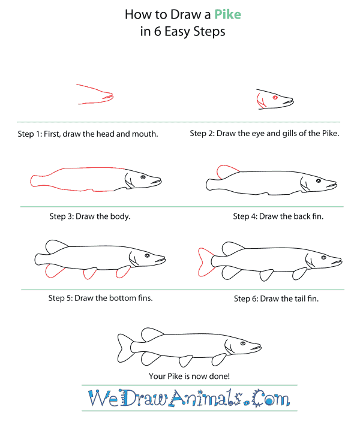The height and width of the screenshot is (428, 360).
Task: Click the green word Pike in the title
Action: [x=227, y=14]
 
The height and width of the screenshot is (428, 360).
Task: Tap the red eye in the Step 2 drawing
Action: [x=275, y=98]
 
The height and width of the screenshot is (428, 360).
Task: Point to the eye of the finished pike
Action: [x=242, y=343]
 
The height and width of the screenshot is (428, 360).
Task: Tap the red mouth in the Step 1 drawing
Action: [x=108, y=97]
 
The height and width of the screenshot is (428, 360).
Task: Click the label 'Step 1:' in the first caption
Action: [x=29, y=134]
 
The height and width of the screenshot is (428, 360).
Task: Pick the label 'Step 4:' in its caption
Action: [x=245, y=216]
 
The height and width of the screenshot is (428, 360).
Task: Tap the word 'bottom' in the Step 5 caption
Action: [x=122, y=298]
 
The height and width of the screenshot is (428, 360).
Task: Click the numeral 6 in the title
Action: [x=157, y=31]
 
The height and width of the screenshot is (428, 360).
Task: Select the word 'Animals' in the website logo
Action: [x=205, y=399]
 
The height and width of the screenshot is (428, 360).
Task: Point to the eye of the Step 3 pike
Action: [x=143, y=177]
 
